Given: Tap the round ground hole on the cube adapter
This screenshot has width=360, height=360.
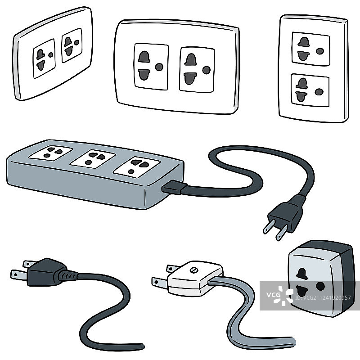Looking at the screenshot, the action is coord(320,286).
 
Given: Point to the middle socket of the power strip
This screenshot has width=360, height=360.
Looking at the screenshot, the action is coord(93,159).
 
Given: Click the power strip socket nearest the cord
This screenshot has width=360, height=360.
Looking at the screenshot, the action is coord(137,167).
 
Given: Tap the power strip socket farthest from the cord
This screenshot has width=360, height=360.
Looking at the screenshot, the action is coord(51,153).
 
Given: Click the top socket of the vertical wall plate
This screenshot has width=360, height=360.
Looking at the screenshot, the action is coord(311,49).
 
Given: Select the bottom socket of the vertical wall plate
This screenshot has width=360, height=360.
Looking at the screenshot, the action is coord(310,90).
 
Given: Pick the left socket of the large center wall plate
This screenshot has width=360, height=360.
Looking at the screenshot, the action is coord(151,67).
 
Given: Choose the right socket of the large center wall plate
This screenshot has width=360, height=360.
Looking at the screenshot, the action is coord(197,70).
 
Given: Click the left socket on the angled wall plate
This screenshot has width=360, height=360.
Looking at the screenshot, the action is coord(44,58).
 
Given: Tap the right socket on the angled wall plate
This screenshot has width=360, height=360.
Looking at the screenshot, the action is coord(72,45).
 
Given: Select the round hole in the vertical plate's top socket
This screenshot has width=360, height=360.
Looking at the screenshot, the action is coord(320,51).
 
